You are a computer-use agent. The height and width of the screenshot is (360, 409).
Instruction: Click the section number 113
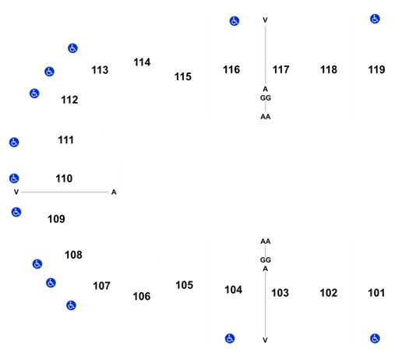coord(100,70)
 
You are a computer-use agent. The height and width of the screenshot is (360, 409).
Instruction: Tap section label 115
coord(183,76)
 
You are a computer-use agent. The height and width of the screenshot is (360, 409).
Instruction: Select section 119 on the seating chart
coord(376,69)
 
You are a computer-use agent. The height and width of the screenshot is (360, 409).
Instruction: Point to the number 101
coord(376,293)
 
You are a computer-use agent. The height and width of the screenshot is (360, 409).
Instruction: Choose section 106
coord(142,296)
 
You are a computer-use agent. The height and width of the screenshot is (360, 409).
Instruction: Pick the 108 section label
coord(73,255)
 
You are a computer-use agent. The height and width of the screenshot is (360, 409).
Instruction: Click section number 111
coord(65,140)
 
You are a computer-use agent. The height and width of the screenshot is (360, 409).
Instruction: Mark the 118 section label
coord(329,69)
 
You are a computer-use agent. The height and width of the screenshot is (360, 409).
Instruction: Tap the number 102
coord(329,293)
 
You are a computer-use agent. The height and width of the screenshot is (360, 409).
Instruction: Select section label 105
coord(184,285)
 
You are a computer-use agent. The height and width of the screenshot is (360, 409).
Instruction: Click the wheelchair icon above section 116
coord(234,21)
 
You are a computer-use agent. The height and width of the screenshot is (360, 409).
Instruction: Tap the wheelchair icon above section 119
coord(375,19)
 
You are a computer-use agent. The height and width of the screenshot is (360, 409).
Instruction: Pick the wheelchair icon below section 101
coord(375,338)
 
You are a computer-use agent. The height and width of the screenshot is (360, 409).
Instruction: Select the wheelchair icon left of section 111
coord(14,143)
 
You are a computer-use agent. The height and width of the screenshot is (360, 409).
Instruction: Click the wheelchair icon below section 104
coord(230,338)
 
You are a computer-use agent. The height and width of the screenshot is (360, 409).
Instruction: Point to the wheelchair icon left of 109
coord(16,212)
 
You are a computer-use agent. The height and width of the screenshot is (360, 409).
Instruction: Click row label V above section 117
coord(265,20)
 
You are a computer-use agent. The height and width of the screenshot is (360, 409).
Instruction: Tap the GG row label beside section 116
coord(266,98)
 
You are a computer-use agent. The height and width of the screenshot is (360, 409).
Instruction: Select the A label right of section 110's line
coord(114,192)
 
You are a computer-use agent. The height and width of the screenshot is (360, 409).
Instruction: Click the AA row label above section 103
coord(266,242)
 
